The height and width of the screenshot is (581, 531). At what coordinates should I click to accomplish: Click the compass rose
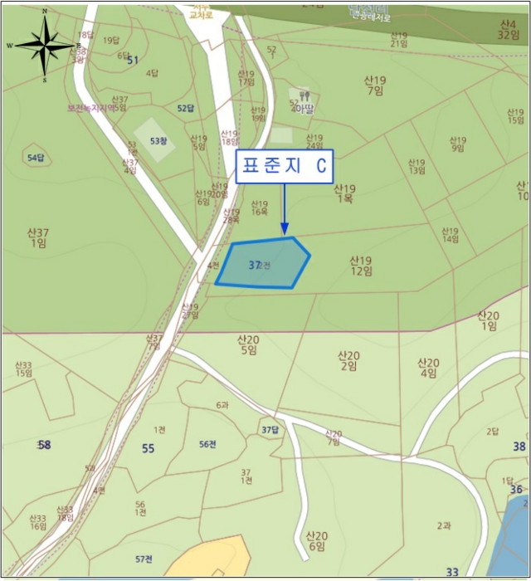[45, 46]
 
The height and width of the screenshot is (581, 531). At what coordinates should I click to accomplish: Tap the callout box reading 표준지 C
[285, 166]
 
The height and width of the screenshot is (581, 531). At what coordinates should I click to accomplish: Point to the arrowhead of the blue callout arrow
[284, 230]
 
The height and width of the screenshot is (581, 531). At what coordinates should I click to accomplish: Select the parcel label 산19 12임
[361, 266]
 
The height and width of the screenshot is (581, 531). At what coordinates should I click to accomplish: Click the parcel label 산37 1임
[39, 237]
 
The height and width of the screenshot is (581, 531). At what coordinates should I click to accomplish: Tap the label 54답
[36, 158]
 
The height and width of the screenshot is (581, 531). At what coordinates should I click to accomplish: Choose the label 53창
[158, 141]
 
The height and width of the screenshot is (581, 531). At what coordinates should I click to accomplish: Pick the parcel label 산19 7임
[375, 85]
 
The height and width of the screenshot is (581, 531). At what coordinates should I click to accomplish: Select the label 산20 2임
[348, 360]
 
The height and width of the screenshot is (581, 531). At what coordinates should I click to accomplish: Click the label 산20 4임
[427, 368]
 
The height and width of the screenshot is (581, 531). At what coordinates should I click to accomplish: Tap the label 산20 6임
[315, 540]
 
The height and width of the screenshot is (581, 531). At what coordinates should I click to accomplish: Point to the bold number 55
[148, 448]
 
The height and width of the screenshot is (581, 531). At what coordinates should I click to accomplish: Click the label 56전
[207, 444]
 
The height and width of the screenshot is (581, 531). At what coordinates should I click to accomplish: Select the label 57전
[144, 559]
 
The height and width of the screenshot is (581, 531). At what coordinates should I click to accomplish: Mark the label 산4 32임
[508, 30]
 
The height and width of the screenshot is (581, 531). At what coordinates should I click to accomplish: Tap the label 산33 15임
[23, 369]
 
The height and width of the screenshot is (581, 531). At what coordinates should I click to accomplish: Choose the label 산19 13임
[417, 166]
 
